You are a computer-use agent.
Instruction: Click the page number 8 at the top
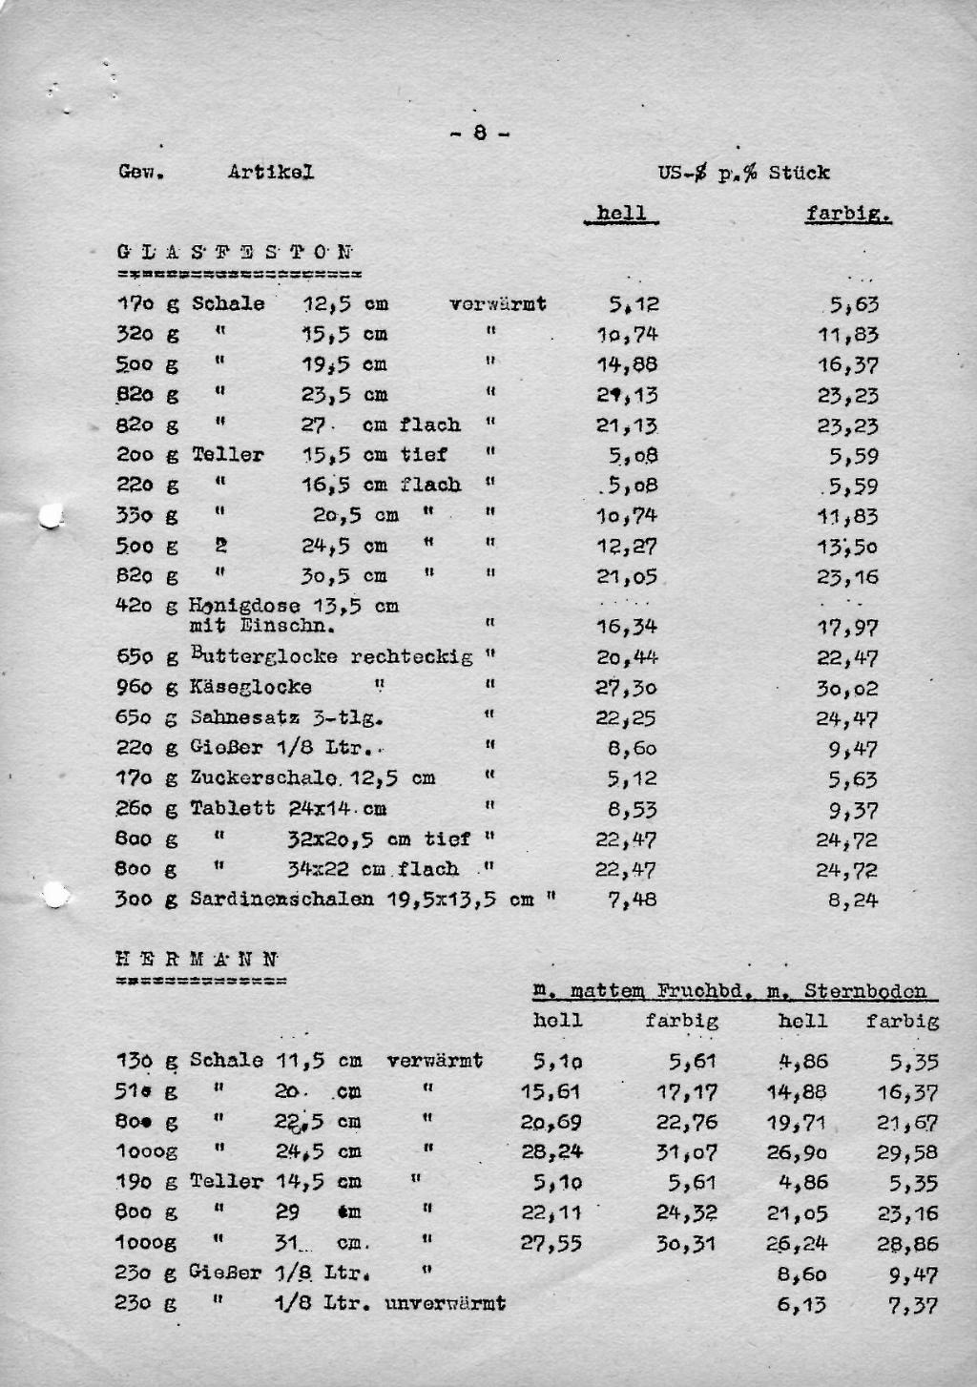(479, 134)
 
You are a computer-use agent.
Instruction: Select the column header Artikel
(271, 172)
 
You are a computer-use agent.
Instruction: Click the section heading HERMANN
(197, 960)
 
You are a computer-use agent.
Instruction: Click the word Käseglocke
(251, 687)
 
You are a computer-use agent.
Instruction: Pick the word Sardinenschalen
(281, 899)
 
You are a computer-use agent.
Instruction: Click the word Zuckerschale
(263, 778)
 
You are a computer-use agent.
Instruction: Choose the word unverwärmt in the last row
(446, 1303)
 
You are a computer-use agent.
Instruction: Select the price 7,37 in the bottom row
(913, 1305)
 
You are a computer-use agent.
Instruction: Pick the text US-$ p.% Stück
(743, 173)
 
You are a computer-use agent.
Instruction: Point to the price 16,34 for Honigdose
(626, 627)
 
